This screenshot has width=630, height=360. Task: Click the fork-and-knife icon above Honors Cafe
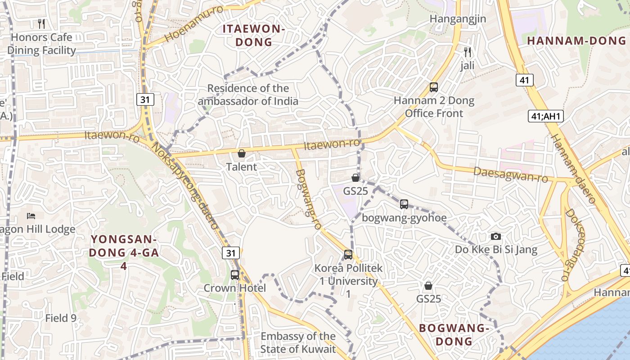tap(41, 23)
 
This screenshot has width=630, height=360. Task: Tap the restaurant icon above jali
tap(468, 52)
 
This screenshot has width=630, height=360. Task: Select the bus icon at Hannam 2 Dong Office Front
tap(434, 87)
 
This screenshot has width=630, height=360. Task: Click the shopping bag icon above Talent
tap(242, 154)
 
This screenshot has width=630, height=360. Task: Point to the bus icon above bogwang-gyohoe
tap(404, 204)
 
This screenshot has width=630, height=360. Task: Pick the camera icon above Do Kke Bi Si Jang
tap(496, 236)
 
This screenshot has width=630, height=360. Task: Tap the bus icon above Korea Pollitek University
tap(348, 255)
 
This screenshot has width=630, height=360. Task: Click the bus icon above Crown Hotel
tap(235, 274)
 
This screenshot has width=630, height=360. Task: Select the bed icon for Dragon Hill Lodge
tap(31, 216)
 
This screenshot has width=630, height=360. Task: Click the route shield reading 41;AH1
tap(545, 117)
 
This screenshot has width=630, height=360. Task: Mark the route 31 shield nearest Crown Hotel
tap(231, 253)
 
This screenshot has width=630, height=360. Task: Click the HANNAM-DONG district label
tap(576, 40)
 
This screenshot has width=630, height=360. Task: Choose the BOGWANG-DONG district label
tap(454, 334)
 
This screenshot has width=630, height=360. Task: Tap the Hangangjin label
tap(458, 19)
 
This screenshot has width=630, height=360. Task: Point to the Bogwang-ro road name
tap(308, 198)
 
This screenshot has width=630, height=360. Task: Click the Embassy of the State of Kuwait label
tap(298, 342)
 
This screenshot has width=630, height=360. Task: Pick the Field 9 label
tap(61, 318)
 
